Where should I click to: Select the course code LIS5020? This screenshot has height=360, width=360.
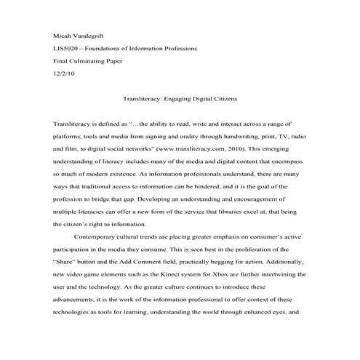(x=67, y=48)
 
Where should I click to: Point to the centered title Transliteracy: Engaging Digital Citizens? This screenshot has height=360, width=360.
(x=179, y=97)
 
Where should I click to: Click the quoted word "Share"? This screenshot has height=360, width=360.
(x=65, y=251)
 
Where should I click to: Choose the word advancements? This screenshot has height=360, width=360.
(x=81, y=290)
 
